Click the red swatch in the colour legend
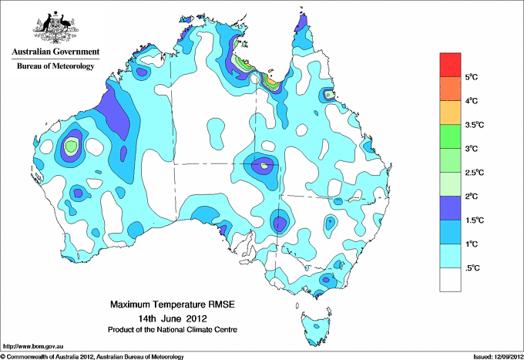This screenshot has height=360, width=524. [x=450, y=65]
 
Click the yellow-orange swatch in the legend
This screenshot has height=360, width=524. [x=450, y=113]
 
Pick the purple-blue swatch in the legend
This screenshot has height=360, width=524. [x=450, y=207]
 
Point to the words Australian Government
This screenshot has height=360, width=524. [x=55, y=52]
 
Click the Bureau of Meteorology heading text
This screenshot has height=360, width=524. [x=55, y=66]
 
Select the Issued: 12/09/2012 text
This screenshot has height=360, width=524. [x=495, y=356]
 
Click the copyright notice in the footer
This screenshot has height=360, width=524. [x=92, y=356]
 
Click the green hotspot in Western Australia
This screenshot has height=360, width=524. [x=72, y=145]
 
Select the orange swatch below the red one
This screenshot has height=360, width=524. [x=450, y=89]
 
